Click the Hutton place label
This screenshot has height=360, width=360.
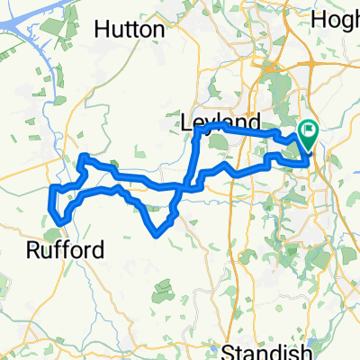(130, 30)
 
